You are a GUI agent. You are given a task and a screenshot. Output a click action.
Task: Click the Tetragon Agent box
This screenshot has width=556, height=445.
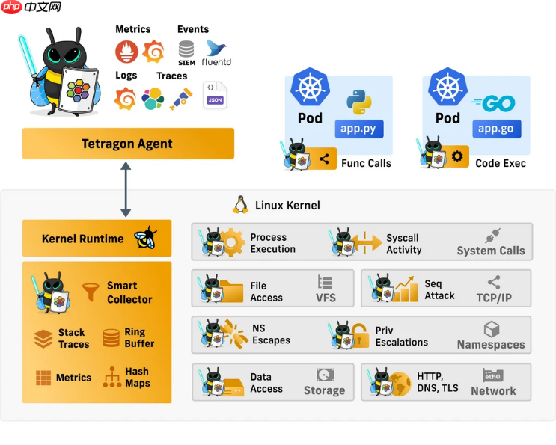127,144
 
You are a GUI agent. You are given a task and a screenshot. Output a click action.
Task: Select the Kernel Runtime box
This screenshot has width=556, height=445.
97,239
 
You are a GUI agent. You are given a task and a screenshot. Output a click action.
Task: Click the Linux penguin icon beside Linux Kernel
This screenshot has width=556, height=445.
240,205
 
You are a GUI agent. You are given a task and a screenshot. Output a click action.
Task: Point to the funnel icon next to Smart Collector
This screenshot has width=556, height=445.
91,289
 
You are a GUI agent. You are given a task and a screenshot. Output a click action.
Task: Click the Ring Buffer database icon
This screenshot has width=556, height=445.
111,338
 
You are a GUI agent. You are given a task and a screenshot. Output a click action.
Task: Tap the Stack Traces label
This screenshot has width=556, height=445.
73,339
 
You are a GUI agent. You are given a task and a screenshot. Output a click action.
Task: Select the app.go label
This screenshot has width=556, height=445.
495,128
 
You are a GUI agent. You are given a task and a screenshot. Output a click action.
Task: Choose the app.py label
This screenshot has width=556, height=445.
358,128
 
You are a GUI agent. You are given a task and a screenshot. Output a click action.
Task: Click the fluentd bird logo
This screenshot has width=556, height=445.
217,49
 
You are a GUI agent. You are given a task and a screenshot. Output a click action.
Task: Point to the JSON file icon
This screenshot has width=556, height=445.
215,96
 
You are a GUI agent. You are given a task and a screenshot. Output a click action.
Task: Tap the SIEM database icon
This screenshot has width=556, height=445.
187,51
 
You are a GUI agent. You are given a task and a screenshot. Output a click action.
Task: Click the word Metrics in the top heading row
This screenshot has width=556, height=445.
132,29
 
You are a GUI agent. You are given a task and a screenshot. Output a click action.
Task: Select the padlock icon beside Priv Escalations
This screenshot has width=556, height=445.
360,335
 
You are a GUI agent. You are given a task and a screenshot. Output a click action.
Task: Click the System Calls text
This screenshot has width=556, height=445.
490,251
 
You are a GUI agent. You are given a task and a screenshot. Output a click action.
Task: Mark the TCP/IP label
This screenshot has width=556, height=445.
494,297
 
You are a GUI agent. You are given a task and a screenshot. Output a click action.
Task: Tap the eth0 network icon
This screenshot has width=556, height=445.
492,375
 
